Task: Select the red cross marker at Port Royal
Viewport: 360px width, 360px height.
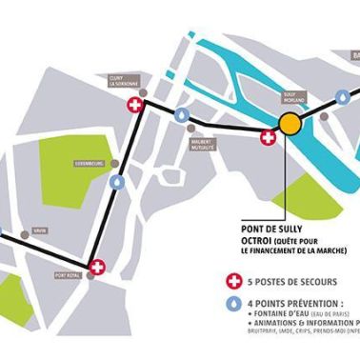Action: [x=96, y=267]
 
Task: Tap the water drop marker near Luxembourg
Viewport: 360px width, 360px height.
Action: [x=116, y=181]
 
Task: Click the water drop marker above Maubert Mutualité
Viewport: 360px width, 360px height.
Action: [x=181, y=114]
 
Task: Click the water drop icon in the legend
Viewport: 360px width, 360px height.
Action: [x=230, y=305]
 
